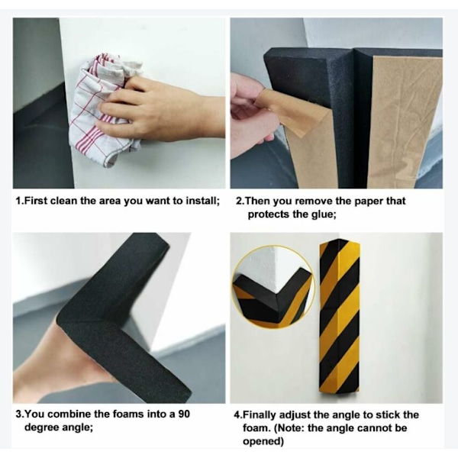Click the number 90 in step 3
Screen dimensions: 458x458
click(x=184, y=414)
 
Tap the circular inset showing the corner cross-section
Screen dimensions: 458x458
click(x=273, y=287)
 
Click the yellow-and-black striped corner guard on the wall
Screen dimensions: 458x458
click(x=340, y=317)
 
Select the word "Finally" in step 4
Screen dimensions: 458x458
click(x=262, y=414)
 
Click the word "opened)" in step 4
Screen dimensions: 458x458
click(x=263, y=441)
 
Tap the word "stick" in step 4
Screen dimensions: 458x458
click(x=387, y=414)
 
